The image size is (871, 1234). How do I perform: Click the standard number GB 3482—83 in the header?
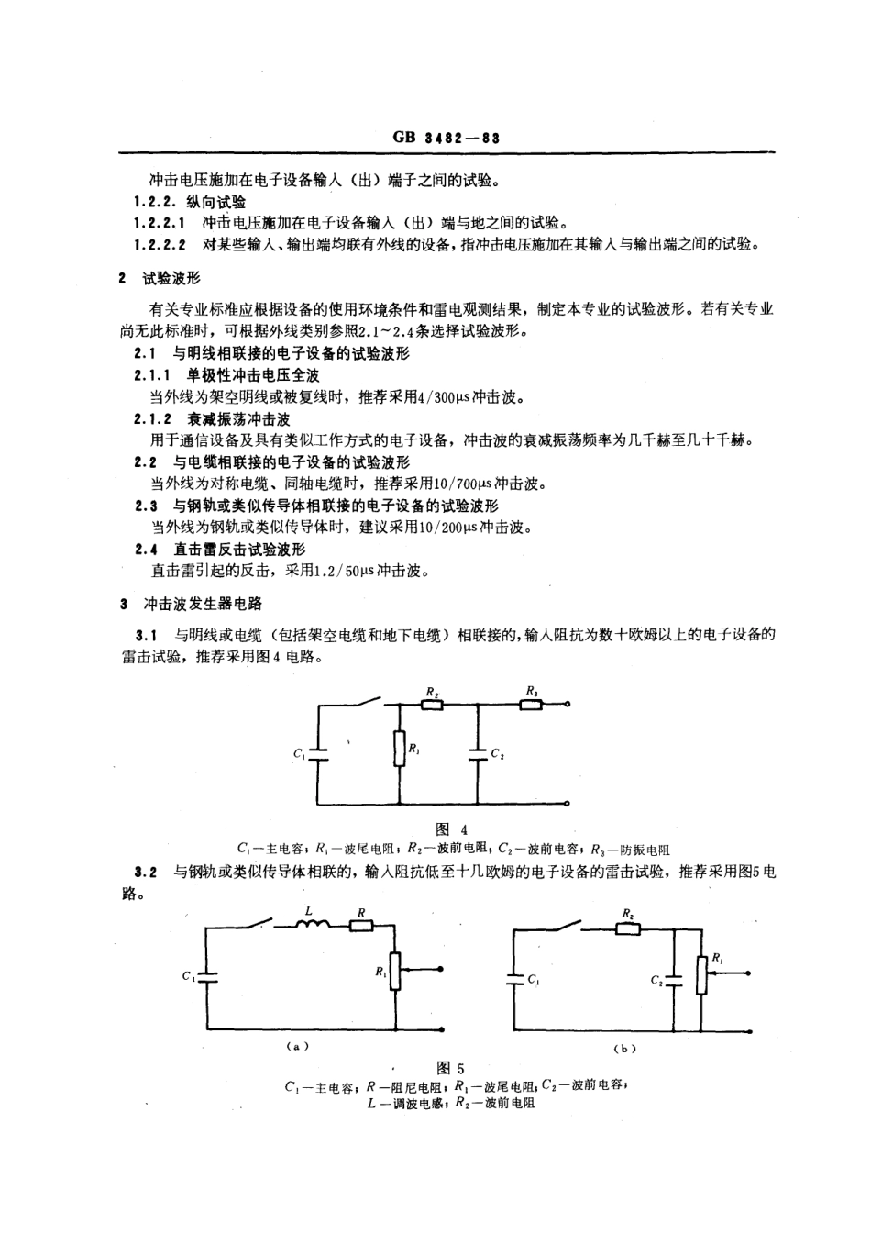(446, 139)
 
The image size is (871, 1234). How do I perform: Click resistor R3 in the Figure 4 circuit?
(530, 705)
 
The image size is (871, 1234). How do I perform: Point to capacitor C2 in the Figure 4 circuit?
(479, 753)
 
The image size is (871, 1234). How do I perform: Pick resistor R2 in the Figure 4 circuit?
(431, 705)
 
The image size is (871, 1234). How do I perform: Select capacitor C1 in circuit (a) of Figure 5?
(207, 976)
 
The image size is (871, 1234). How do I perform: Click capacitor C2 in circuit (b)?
(674, 979)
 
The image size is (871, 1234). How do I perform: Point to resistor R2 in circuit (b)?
(627, 928)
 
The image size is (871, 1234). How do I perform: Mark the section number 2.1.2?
(152, 419)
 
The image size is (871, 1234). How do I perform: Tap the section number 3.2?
(147, 872)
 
